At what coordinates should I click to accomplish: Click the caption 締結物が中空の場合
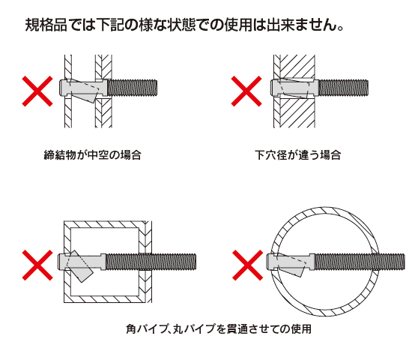tap(93, 156)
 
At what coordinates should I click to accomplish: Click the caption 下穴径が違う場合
tap(297, 156)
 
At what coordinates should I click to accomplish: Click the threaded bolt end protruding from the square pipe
tap(176, 262)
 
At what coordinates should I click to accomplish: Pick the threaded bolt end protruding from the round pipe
tap(382, 262)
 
